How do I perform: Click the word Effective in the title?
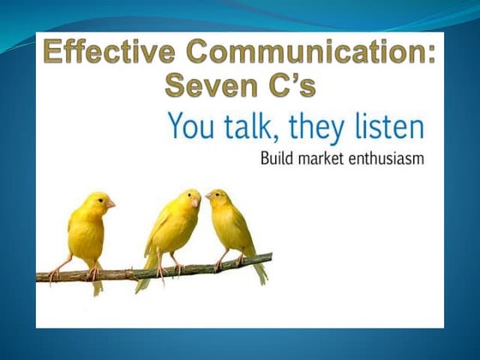click(x=104, y=53)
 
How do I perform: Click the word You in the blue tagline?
click(x=190, y=128)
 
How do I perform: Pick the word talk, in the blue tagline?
click(x=255, y=128)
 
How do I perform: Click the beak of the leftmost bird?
click(x=111, y=203)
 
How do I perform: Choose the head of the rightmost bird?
click(x=218, y=200)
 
